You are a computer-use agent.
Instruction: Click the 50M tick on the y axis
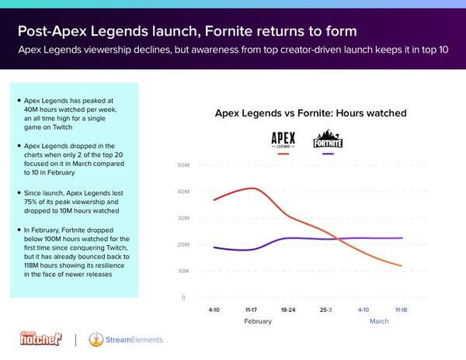tap(183, 165)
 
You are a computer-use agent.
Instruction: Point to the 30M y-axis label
tap(183, 218)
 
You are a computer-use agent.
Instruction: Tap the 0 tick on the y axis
tap(183, 297)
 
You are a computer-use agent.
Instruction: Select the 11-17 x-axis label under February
tap(251, 310)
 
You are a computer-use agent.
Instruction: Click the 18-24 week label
tap(288, 310)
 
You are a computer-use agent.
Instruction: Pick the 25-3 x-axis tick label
tap(325, 310)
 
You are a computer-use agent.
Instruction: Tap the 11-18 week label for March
tap(401, 310)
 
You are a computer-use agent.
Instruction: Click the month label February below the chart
tap(258, 321)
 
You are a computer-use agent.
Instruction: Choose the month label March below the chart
tap(379, 321)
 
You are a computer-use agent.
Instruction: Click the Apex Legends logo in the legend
tap(283, 140)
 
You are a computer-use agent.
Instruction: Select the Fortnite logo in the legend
tap(328, 139)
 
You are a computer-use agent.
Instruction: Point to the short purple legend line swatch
tap(328, 154)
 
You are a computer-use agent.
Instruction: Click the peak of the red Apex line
tap(252, 188)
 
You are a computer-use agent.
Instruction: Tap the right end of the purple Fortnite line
tap(402, 238)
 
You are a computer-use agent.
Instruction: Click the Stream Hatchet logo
tap(41, 338)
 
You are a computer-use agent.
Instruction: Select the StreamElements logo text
tap(134, 340)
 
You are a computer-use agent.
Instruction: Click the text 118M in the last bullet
tap(31, 265)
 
